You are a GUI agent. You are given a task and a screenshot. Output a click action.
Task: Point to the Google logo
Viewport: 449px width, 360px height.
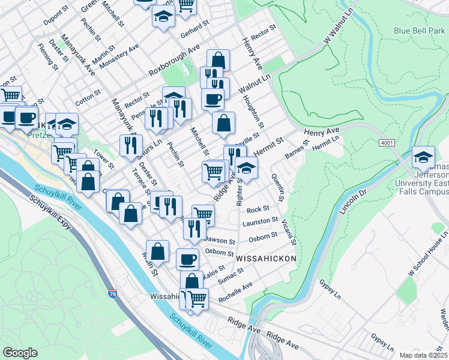pyautogui.click(x=20, y=353)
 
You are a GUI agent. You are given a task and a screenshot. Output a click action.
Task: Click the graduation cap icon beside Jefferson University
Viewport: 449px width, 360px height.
pyautogui.click(x=423, y=157)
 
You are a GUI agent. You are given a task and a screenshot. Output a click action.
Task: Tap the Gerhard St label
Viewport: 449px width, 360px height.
pyautogui.click(x=194, y=28)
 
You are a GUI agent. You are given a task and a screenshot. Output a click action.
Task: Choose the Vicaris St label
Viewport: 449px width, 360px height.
pyautogui.click(x=288, y=232)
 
